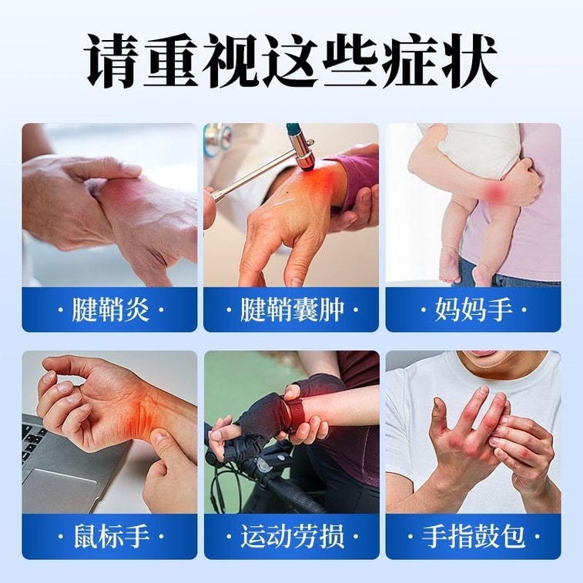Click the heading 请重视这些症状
pos(292,61)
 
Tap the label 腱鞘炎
pos(110,310)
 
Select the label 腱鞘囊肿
pos(292,310)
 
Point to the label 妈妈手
pos(474,310)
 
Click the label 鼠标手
pos(110,536)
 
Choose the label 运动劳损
pos(292,536)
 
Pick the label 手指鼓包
pos(474,536)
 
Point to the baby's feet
pos(464,269)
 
